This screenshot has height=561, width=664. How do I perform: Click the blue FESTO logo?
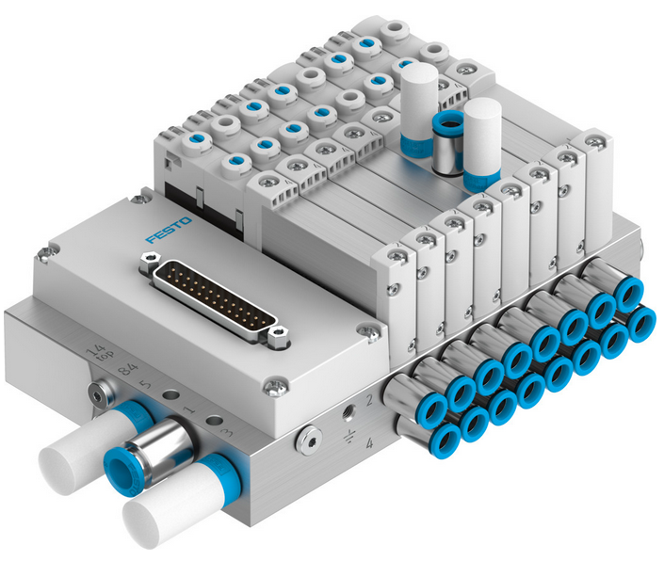point(169,232)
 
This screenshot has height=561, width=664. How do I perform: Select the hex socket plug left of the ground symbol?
point(303,438)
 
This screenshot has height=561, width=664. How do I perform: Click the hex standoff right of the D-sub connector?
point(276,330)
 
